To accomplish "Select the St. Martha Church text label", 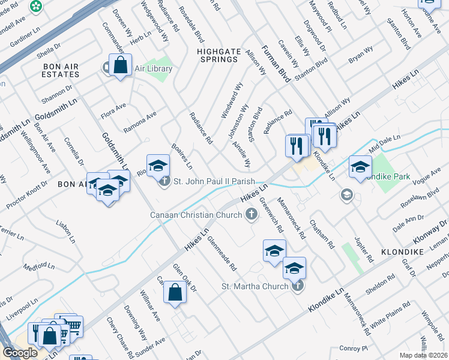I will pyautogui.click(x=255, y=286).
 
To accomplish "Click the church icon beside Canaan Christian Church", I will pyautogui.click(x=252, y=215).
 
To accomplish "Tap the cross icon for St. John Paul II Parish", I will pyautogui.click(x=165, y=181).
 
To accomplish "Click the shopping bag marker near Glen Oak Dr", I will pyautogui.click(x=175, y=293).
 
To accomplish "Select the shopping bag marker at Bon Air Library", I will pyautogui.click(x=121, y=66).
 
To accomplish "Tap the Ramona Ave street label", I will pyautogui.click(x=139, y=122).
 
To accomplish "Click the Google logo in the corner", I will pyautogui.click(x=20, y=353).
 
